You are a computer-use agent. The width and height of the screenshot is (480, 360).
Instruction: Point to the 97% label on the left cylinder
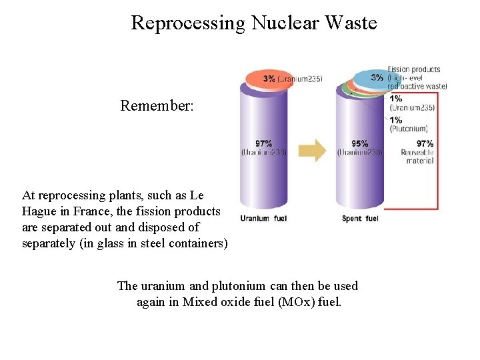(264, 143)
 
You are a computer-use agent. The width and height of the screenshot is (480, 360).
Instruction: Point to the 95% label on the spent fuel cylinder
(360, 143)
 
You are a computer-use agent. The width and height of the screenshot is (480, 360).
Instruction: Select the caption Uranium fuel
(263, 219)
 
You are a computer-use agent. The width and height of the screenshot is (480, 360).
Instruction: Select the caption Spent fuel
(360, 219)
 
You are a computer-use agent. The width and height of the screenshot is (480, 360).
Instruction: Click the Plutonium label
(409, 129)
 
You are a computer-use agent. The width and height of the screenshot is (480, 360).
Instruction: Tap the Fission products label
(414, 69)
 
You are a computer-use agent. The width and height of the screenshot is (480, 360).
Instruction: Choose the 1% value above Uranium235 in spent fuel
(395, 99)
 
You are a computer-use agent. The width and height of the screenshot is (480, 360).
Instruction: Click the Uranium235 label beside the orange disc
(300, 79)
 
